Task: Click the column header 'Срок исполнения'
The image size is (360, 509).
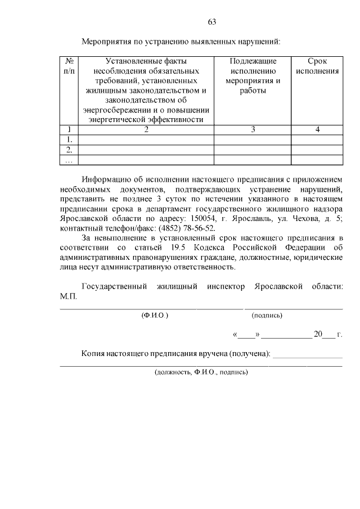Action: point(317,66)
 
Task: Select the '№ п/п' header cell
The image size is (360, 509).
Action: point(69,66)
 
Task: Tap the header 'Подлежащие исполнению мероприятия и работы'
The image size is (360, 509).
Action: point(253,76)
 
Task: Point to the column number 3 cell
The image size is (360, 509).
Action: point(253,130)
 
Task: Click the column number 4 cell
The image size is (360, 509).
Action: point(317,130)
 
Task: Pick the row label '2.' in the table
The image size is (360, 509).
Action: point(69,150)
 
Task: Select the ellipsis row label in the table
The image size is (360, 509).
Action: point(69,160)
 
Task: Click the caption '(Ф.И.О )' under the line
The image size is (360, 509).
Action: point(155,316)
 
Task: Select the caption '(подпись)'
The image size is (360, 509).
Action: point(267,316)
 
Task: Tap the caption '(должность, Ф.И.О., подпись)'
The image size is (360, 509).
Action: point(201,372)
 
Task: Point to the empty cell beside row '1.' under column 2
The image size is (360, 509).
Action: point(146,139)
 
